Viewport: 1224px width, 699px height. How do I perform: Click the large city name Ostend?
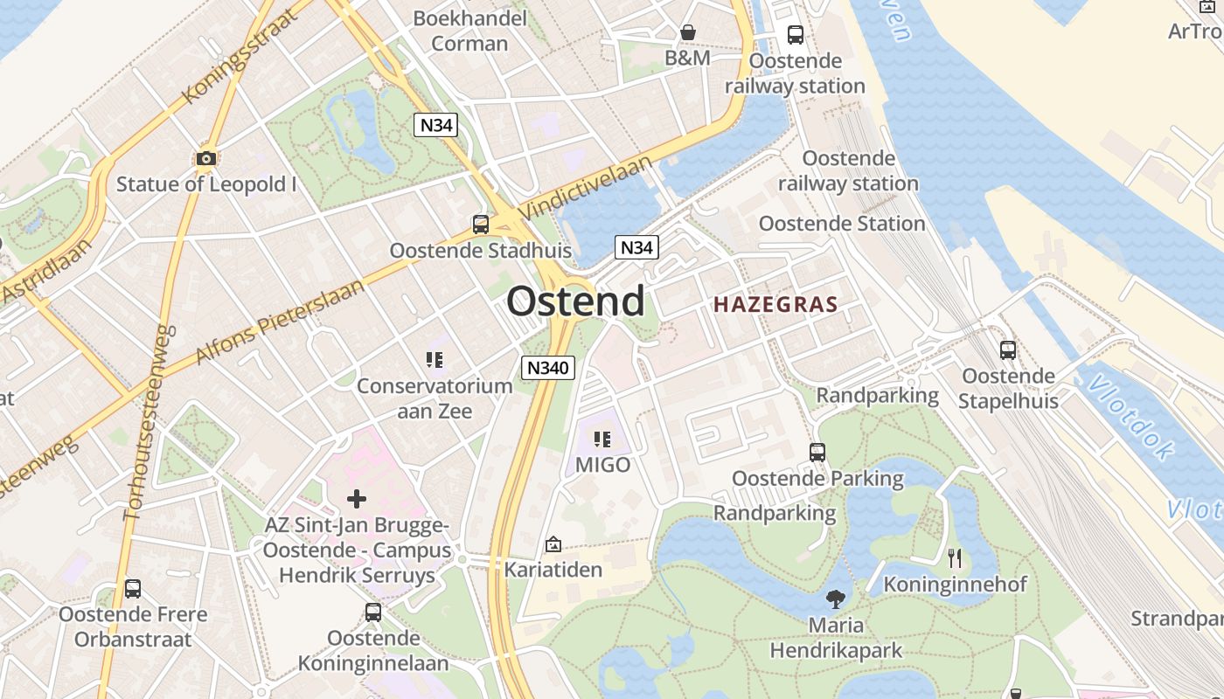pos(575,301)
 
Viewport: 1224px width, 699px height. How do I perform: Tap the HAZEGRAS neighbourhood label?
pos(775,305)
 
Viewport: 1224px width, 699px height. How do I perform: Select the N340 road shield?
pos(548,368)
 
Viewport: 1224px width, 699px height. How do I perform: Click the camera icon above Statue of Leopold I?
pos(206,158)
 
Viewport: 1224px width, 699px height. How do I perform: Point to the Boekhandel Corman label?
pos(469,31)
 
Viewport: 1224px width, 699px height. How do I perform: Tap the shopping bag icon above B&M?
pos(688,32)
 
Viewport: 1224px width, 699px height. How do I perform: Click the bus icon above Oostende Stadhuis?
pos(480,224)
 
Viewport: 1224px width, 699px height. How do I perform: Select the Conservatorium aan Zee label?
pos(435,398)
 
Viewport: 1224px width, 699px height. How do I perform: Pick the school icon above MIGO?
pos(602,439)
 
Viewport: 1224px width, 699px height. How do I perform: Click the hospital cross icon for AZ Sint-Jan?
pos(357,499)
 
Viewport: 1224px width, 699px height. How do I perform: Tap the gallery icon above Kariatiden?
pos(553,544)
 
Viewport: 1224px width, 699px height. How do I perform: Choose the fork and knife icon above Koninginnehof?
pos(955,557)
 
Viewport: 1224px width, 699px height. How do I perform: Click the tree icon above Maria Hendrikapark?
pos(836,599)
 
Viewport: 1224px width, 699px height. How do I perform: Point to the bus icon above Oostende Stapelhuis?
pos(1008,350)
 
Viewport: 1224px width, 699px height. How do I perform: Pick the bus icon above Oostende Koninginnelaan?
pos(373,612)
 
